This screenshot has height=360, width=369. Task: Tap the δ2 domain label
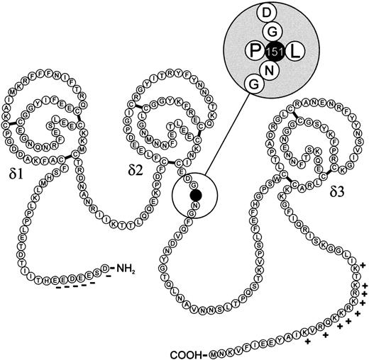(136, 171)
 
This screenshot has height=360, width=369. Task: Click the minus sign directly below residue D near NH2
(107, 279)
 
